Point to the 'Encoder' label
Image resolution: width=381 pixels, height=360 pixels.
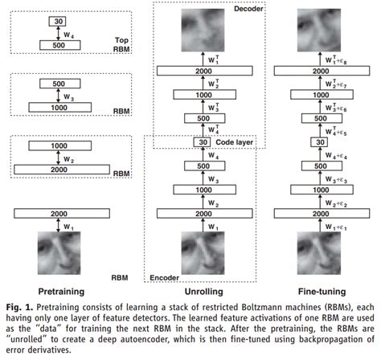tap(163, 277)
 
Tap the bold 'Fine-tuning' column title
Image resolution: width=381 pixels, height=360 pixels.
tap(320, 291)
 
